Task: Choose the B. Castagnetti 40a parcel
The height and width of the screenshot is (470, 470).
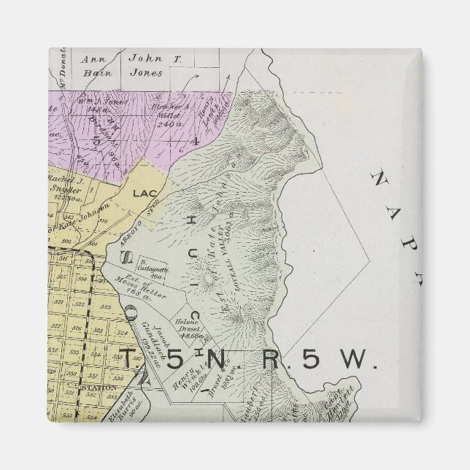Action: (154, 265)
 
